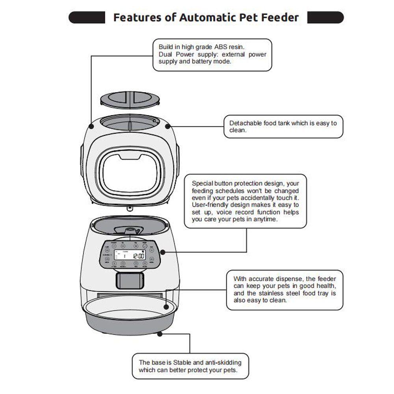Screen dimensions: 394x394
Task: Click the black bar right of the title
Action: click(325, 17)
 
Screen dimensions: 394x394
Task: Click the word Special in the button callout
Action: click(203, 183)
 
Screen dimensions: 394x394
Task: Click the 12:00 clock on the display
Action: click(138, 256)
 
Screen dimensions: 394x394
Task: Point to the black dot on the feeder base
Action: click(160, 334)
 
